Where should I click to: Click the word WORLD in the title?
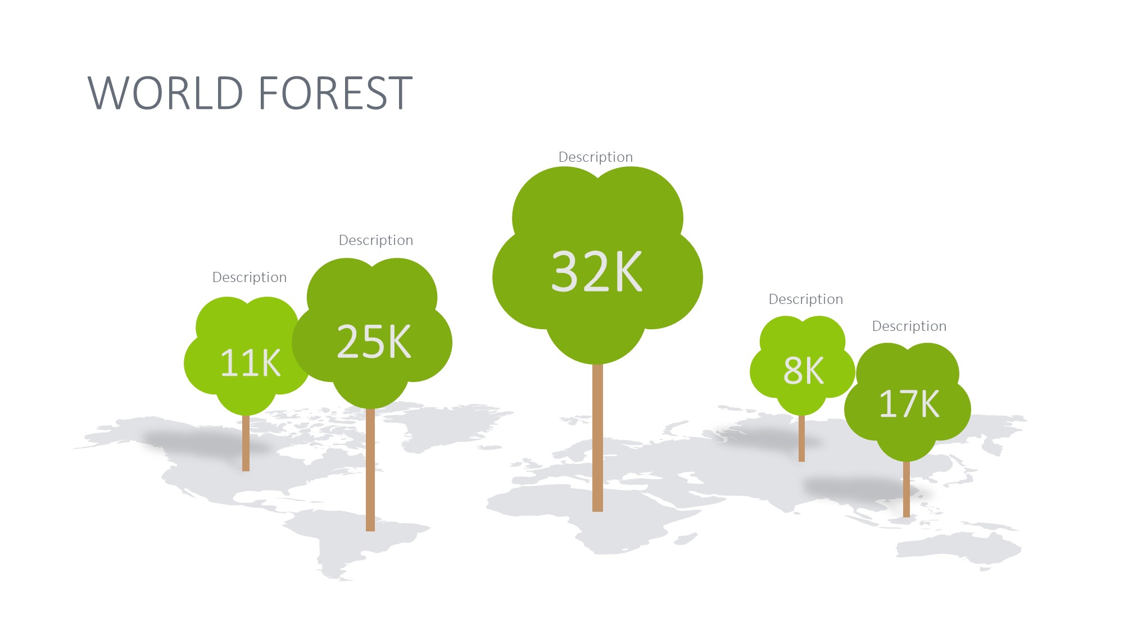coord(166,93)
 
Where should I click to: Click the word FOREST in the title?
coord(336,93)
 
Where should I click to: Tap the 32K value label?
coord(596,271)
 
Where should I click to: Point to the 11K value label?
coord(250,363)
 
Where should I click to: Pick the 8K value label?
coord(804,370)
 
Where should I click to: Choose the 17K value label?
coord(909,403)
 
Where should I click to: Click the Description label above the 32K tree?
coord(596,157)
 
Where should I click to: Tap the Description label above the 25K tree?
coord(376,240)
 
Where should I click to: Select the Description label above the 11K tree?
coord(250,278)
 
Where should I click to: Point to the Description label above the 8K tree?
coord(806,299)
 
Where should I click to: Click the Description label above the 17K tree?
coord(909,326)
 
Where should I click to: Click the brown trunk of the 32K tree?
coord(597,438)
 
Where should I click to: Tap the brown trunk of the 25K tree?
coord(370,469)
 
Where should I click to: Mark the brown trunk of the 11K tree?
coord(246,443)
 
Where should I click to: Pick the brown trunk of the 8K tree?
coord(801,438)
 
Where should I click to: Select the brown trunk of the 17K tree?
coord(906,489)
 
